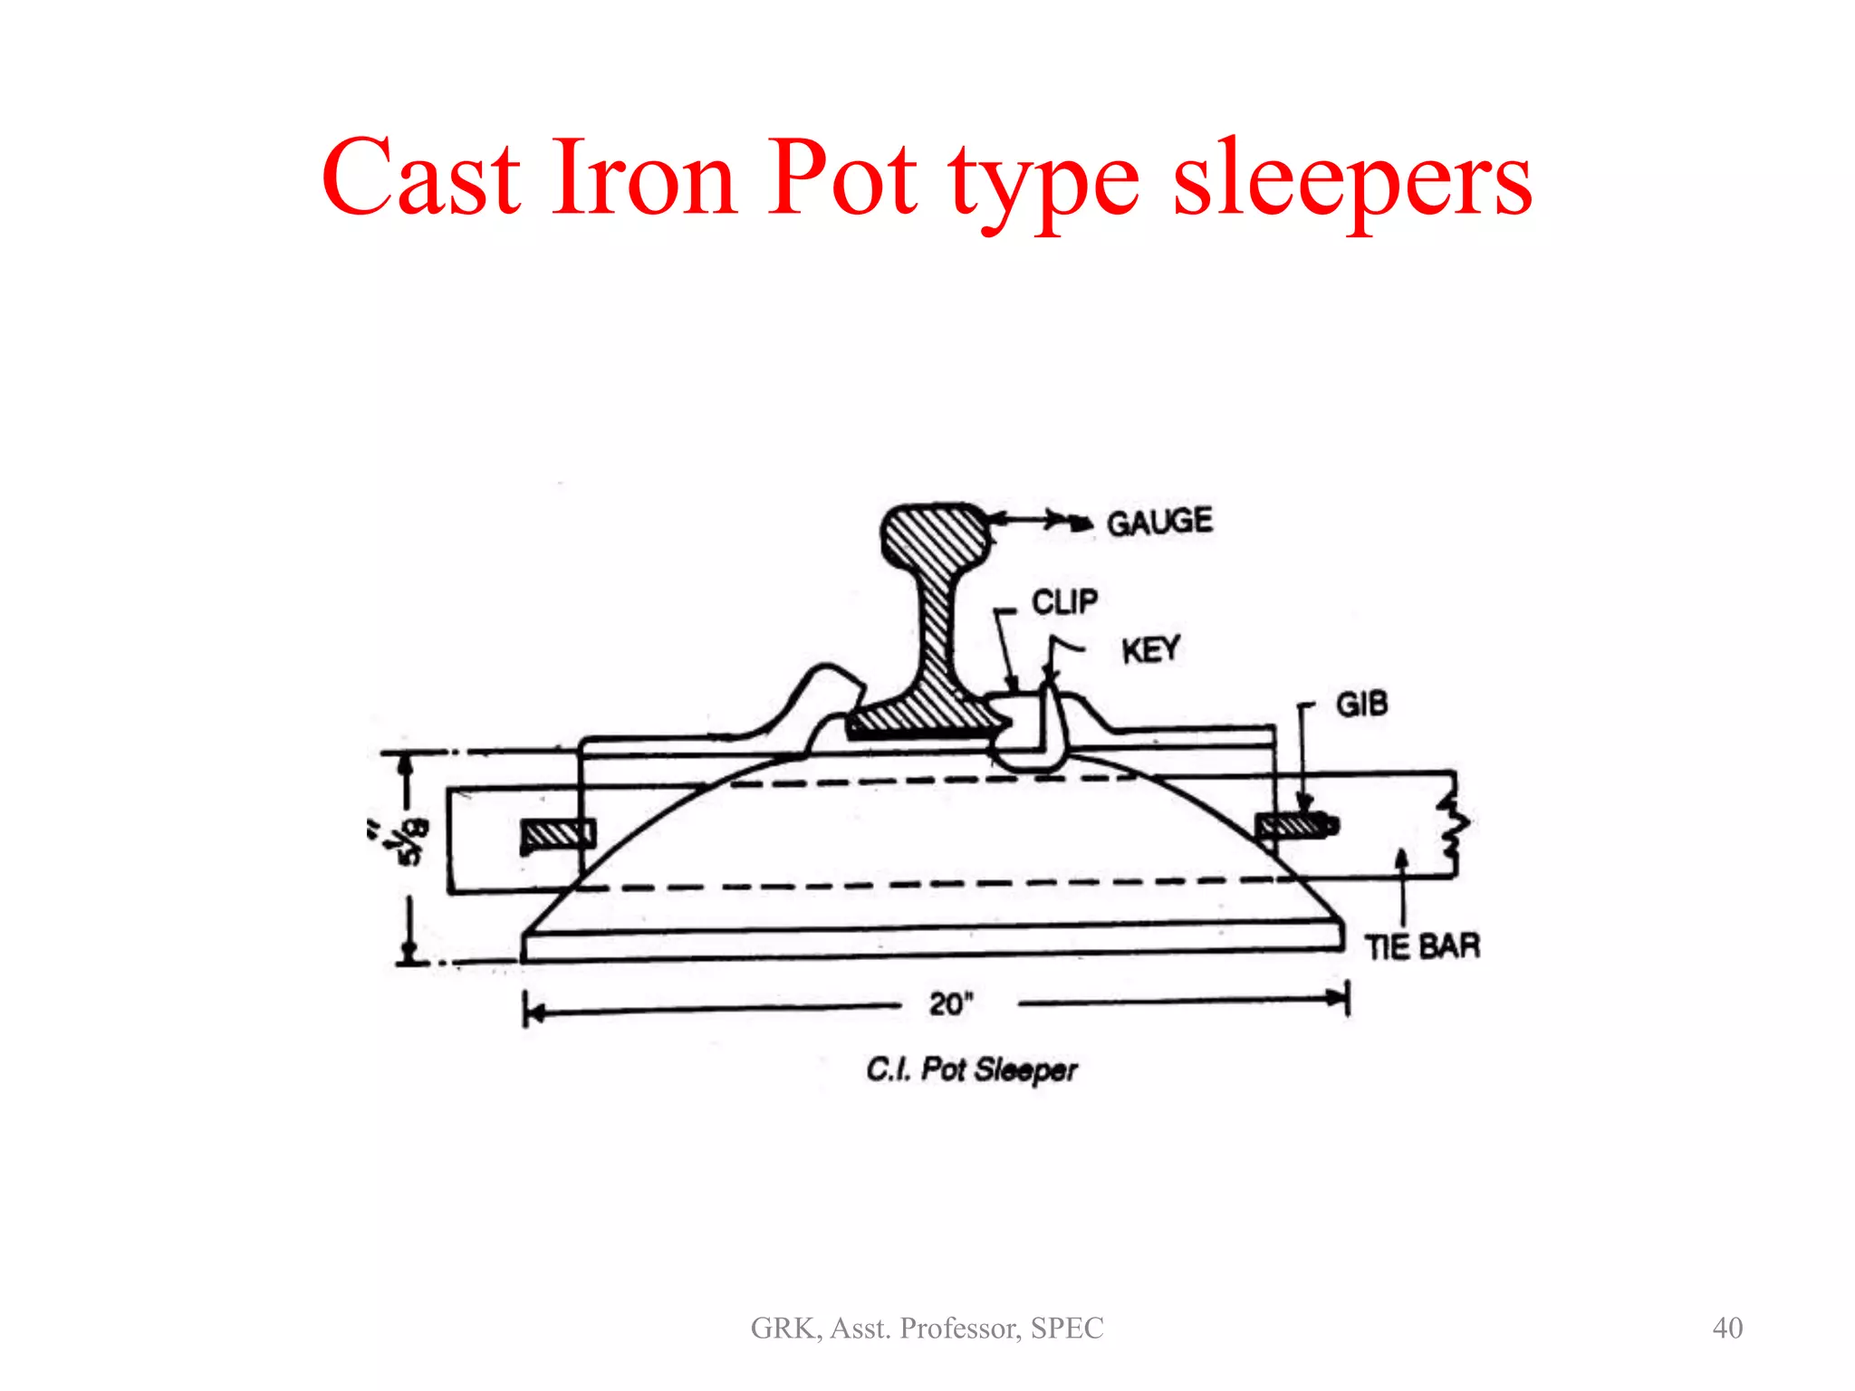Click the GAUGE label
[1159, 522]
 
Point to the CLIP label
[1064, 601]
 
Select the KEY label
[1150, 649]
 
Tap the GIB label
[1361, 704]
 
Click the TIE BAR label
[1422, 946]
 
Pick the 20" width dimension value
[950, 1003]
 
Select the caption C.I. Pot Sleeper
[971, 1070]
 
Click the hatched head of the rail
[935, 541]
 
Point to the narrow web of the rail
[937, 634]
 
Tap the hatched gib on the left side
[558, 834]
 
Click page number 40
[1727, 1328]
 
